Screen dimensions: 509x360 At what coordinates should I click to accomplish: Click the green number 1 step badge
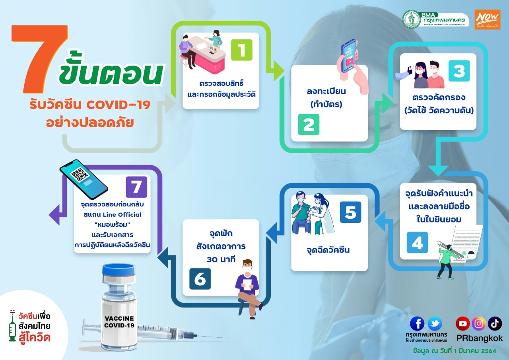pyautogui.click(x=241, y=50)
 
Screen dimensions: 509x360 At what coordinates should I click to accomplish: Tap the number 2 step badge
pyautogui.click(x=309, y=125)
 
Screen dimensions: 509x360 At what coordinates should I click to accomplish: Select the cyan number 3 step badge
pyautogui.click(x=459, y=71)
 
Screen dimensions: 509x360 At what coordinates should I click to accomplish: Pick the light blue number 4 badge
pyautogui.click(x=417, y=243)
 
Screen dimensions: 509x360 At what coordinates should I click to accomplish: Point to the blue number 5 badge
pyautogui.click(x=351, y=212)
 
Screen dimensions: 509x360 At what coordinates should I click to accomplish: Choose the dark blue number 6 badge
pyautogui.click(x=200, y=279)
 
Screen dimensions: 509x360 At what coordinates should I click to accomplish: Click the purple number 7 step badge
pyautogui.click(x=136, y=187)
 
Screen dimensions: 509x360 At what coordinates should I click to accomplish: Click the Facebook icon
pyautogui.click(x=417, y=323)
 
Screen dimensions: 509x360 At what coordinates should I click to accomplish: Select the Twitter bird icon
pyautogui.click(x=435, y=323)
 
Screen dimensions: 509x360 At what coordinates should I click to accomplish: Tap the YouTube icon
pyautogui.click(x=462, y=323)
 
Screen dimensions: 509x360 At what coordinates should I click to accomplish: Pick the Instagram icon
pyautogui.click(x=479, y=323)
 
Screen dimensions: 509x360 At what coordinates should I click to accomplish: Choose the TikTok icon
pyautogui.click(x=495, y=323)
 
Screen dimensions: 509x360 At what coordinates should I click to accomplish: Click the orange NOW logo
pyautogui.click(x=488, y=19)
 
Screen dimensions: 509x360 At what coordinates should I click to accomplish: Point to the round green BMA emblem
pyautogui.click(x=412, y=19)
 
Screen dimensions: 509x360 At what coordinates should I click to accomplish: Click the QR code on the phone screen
pyautogui.click(x=80, y=175)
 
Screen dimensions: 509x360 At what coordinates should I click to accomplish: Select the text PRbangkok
pyautogui.click(x=480, y=339)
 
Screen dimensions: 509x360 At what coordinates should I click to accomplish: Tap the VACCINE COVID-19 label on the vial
pyautogui.click(x=119, y=322)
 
